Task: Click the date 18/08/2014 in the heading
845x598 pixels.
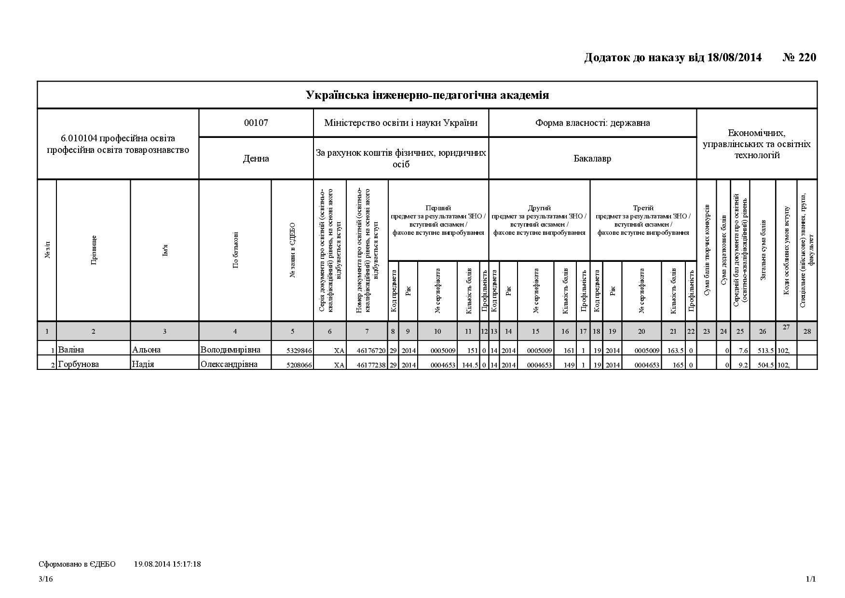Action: click(x=735, y=58)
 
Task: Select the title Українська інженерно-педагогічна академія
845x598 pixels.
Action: click(x=427, y=95)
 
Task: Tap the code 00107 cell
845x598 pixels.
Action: click(x=256, y=122)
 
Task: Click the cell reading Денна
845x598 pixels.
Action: click(x=256, y=159)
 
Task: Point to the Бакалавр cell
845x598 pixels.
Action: click(x=592, y=159)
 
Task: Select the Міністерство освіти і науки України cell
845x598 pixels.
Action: click(x=401, y=122)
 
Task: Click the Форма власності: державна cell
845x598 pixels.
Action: click(x=592, y=122)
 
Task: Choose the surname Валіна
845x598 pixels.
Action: click(x=71, y=350)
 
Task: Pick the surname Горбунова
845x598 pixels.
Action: click(x=78, y=364)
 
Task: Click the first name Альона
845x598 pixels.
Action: click(x=146, y=350)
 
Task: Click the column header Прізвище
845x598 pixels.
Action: click(x=94, y=250)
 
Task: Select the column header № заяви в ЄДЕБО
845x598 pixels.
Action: click(x=293, y=250)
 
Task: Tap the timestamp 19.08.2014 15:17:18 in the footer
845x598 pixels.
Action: click(x=167, y=564)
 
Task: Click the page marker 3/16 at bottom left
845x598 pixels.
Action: click(x=46, y=579)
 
